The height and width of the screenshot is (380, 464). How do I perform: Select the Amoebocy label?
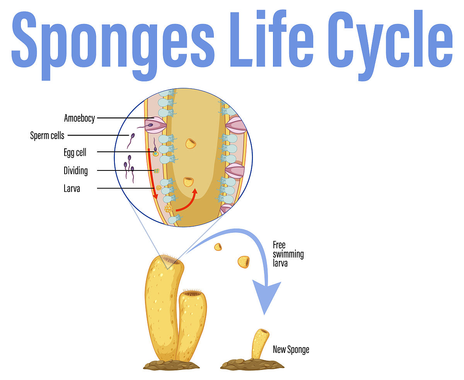79,118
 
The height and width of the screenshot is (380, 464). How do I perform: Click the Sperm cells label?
47,135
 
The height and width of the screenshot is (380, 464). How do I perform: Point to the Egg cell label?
75,152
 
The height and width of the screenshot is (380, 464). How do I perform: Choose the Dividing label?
75,170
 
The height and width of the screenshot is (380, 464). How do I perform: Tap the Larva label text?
72,189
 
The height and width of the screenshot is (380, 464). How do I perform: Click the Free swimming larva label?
288,254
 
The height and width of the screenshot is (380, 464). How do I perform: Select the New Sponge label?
291,349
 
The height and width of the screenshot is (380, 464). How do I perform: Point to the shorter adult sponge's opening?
193,294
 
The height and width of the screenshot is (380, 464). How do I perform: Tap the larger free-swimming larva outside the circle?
244,262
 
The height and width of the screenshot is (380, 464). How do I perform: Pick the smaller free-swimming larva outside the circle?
218,247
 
